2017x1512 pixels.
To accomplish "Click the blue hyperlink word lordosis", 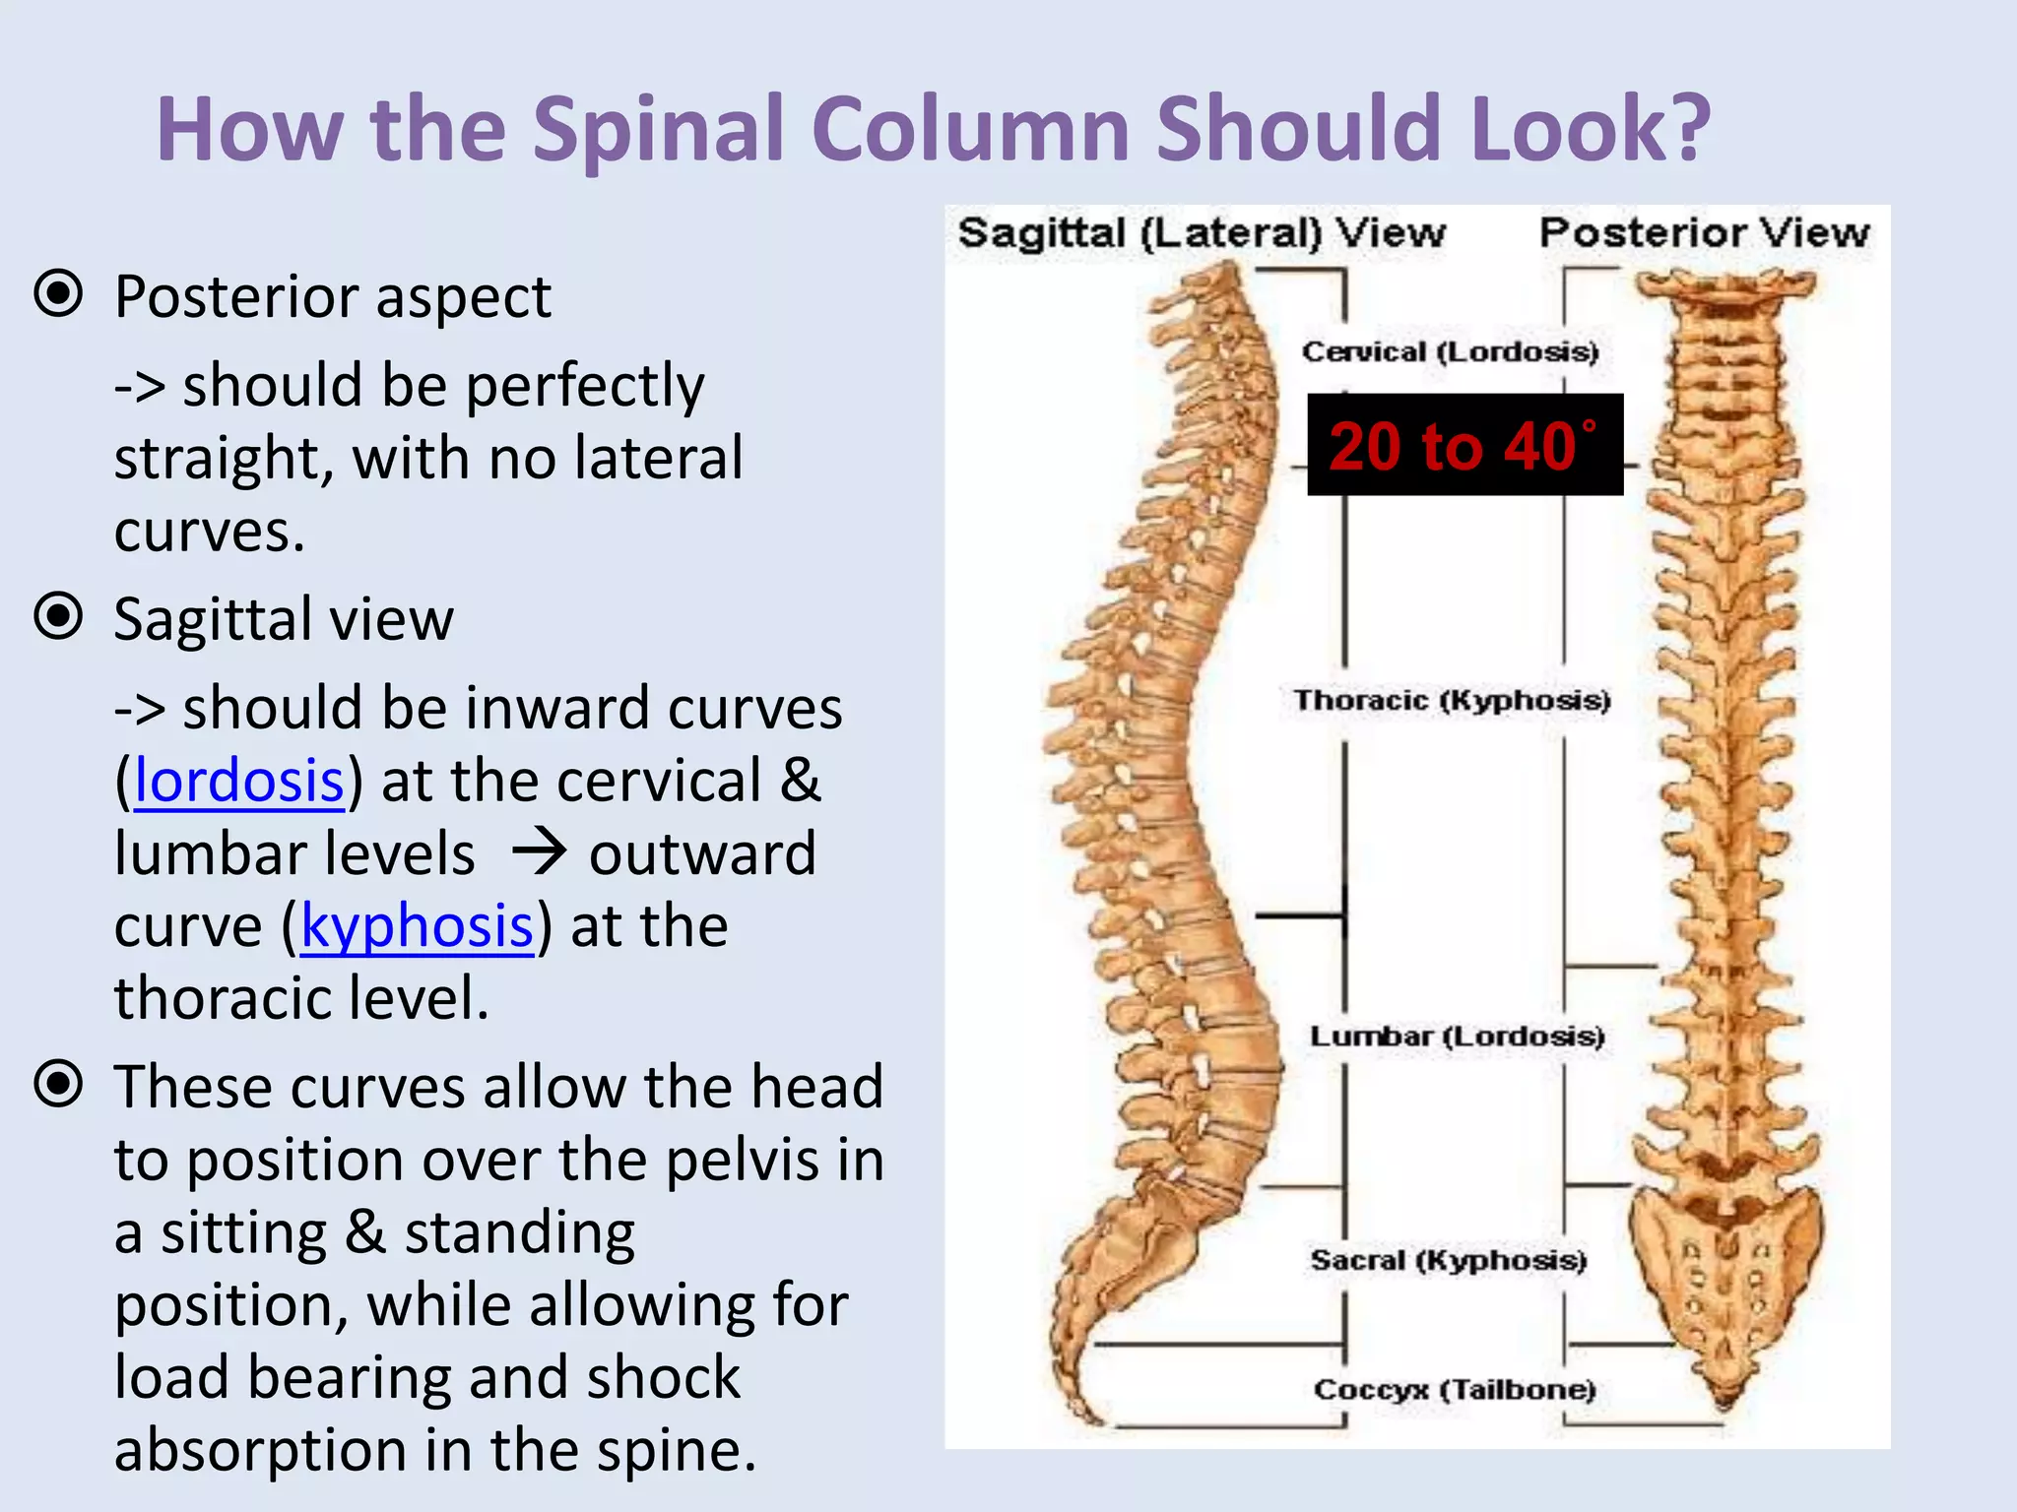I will (239, 781).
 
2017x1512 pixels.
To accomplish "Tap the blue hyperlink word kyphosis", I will (417, 926).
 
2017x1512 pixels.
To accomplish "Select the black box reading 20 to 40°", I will (1464, 445).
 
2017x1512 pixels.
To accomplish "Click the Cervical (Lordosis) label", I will (1450, 351).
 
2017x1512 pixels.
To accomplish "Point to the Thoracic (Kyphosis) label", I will (1452, 700).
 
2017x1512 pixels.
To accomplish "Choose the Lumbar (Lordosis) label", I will (1457, 1036).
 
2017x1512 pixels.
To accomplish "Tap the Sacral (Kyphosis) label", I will (1448, 1260).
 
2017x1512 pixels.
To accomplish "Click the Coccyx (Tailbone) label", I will (1455, 1389).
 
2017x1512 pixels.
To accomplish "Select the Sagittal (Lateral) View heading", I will (1202, 233).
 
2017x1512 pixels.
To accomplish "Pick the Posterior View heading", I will (1704, 233).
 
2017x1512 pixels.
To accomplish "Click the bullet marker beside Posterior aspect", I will (58, 293).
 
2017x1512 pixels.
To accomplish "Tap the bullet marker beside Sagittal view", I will (58, 616).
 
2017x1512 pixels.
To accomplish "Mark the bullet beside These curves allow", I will (58, 1084).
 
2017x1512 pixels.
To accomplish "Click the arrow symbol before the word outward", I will (540, 852).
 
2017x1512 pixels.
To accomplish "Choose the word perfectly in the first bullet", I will (585, 386).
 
